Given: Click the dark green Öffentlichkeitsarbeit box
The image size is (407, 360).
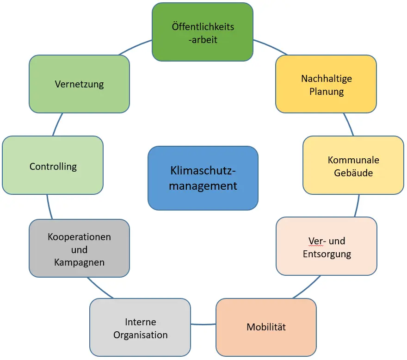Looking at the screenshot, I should tap(203, 32).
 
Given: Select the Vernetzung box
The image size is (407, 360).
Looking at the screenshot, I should tap(79, 84).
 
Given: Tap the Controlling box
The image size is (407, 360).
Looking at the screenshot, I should tap(53, 166).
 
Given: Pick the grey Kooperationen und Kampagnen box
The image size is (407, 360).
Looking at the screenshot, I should tap(79, 248).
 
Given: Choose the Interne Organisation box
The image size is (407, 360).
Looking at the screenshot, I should tap(140, 328).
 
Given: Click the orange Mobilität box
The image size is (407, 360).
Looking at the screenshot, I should tap(266, 327).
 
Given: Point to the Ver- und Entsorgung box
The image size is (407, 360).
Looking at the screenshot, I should tap(327, 247).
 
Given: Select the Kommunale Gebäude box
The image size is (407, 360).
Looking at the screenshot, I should tap(353, 166).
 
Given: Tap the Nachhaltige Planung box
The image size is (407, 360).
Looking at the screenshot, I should tap(326, 84).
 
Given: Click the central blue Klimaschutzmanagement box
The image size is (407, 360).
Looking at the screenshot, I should tap(203, 178).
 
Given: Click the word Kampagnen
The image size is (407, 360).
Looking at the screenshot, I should tap(79, 262).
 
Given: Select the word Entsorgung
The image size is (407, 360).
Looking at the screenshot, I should tap(327, 254).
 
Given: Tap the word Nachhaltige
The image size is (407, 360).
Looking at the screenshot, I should tap(327, 78).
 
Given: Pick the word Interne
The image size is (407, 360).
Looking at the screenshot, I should tap(141, 322).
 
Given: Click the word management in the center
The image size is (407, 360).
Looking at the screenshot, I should tap(203, 186).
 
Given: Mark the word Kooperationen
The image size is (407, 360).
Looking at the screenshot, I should tap(79, 237).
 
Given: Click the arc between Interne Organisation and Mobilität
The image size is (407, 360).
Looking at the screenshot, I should tap(203, 323).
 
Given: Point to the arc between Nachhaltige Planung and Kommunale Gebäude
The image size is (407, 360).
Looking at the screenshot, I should tap(350, 124).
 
